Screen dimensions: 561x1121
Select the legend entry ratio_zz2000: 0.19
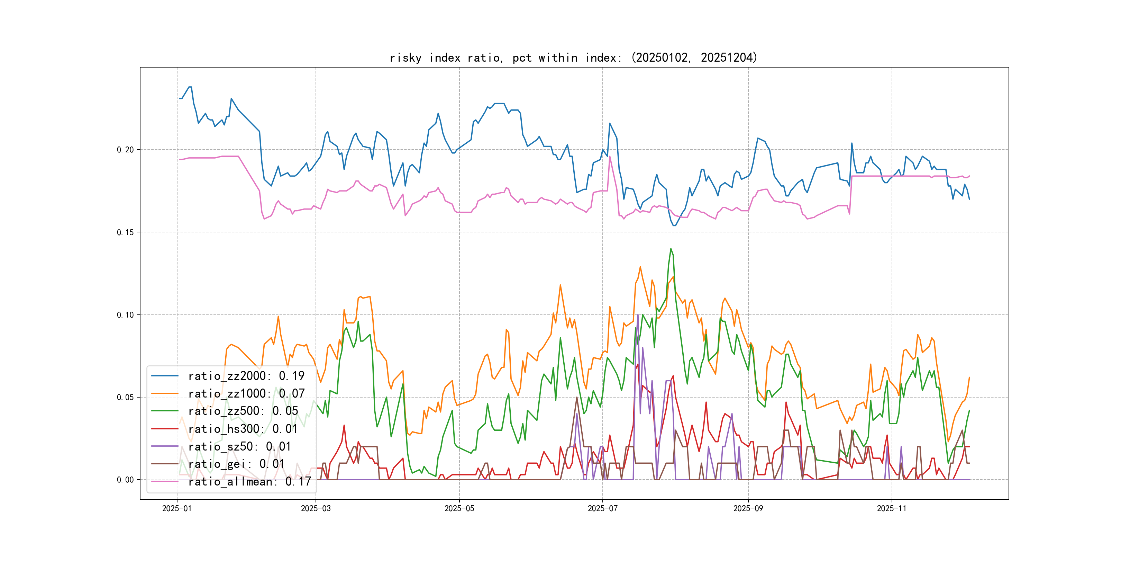click(246, 375)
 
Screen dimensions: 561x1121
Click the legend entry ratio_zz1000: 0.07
click(246, 393)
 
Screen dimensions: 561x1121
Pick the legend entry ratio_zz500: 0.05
click(243, 411)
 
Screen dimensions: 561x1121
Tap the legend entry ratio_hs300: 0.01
click(243, 429)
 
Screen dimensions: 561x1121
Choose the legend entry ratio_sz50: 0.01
click(239, 446)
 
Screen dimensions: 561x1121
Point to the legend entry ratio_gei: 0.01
click(236, 464)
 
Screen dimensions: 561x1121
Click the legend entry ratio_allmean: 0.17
click(249, 481)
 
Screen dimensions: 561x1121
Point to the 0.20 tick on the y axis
click(125, 150)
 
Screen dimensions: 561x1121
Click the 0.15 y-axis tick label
click(125, 232)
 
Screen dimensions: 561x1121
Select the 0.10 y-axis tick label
click(125, 315)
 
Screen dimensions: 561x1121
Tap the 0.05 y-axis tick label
click(125, 397)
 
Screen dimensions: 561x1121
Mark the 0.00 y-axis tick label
click(125, 480)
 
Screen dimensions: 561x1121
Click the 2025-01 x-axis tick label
click(177, 508)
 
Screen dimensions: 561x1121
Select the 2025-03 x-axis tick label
click(316, 508)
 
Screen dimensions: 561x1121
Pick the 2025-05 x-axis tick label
click(459, 508)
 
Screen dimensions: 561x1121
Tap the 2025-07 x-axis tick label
click(602, 508)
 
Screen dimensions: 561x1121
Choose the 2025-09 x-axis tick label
click(748, 508)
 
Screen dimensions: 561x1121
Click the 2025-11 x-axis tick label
click(892, 508)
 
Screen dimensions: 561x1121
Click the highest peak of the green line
click(671, 249)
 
